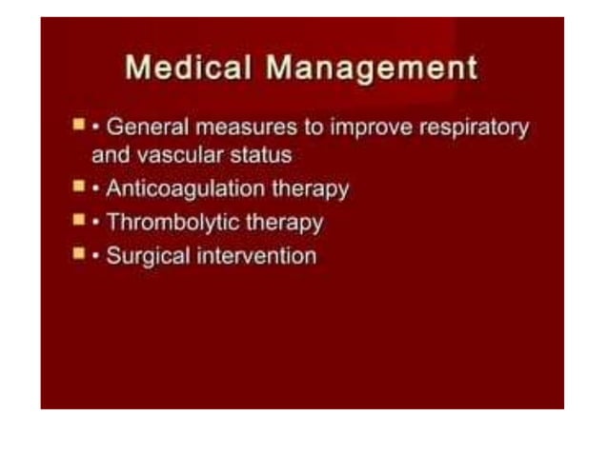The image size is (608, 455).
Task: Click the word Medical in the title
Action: click(x=188, y=69)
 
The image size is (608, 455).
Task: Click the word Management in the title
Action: click(x=372, y=69)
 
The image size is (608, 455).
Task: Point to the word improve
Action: click(x=367, y=128)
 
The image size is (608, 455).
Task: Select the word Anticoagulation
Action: click(x=185, y=188)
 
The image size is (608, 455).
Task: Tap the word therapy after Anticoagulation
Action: click(x=310, y=188)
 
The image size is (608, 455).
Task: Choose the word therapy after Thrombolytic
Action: click(x=284, y=223)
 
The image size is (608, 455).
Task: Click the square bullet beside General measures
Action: click(x=79, y=125)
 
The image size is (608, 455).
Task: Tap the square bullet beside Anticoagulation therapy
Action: click(x=79, y=186)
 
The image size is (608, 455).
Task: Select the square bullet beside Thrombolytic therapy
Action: click(x=79, y=220)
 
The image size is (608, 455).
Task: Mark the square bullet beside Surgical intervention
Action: click(x=79, y=253)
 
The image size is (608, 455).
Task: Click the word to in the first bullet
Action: click(x=313, y=128)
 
